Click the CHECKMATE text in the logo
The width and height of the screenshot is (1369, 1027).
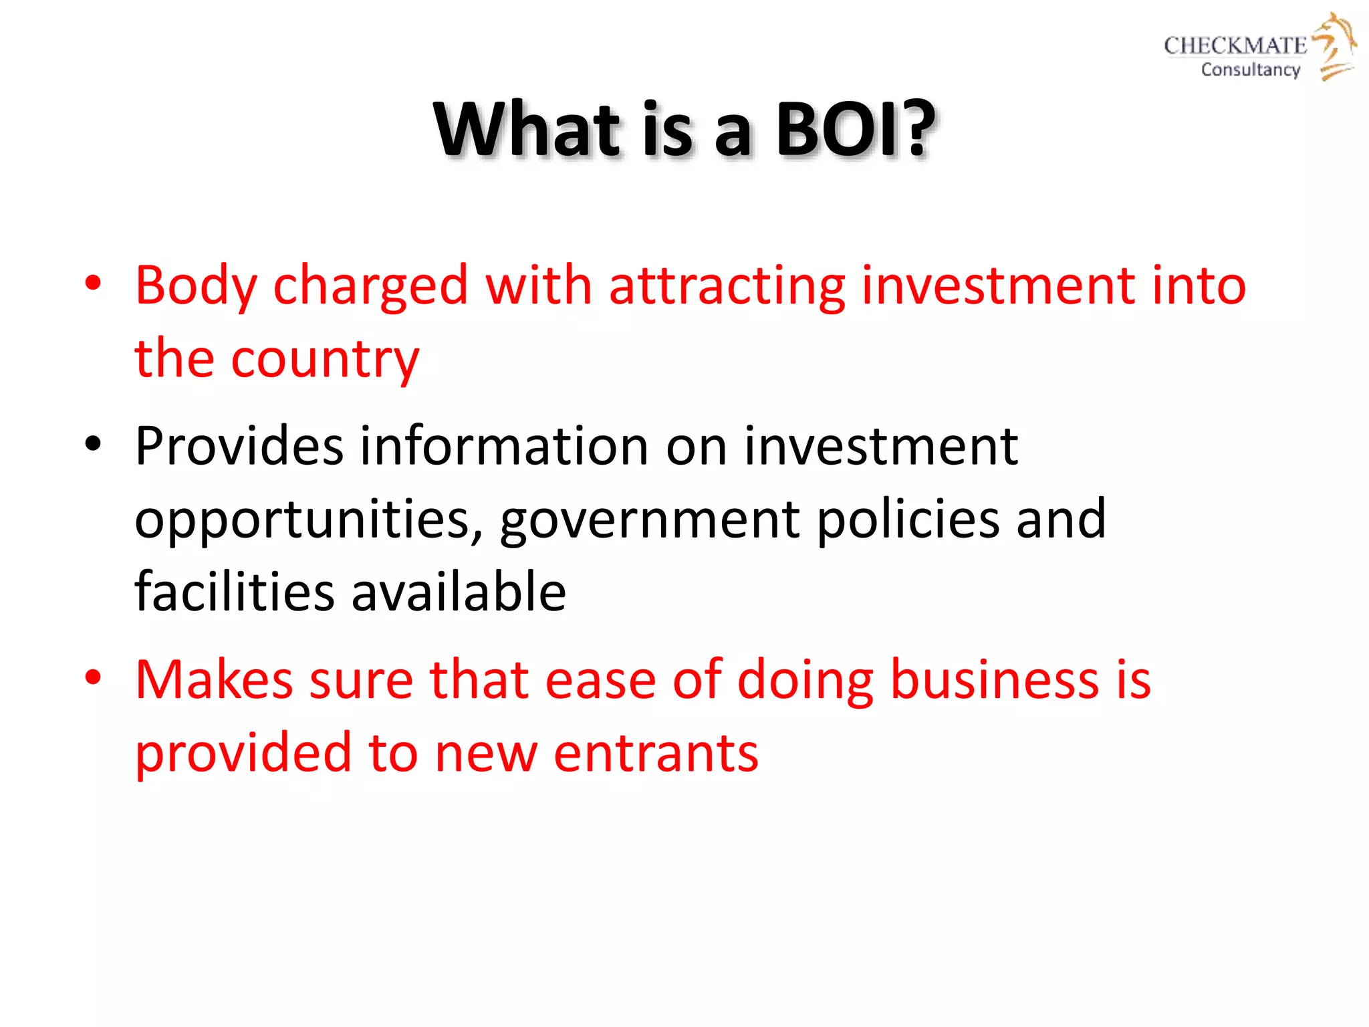point(1235,45)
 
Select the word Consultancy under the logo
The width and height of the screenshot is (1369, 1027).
point(1250,70)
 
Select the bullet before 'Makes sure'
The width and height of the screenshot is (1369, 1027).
point(93,677)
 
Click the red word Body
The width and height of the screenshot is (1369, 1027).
point(196,286)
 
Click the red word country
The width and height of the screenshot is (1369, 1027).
point(325,359)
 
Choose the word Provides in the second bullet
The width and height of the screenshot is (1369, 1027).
point(239,446)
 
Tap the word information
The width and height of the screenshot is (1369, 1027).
point(504,446)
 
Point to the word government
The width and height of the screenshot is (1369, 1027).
point(649,520)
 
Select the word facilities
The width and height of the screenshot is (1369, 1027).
point(234,592)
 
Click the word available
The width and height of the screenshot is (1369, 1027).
point(459,592)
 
